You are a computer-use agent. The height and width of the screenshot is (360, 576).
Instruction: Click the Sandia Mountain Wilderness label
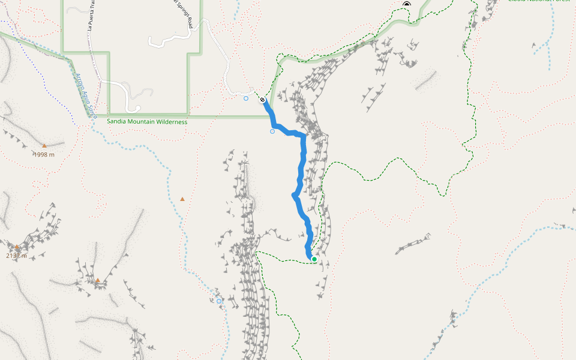point(147,122)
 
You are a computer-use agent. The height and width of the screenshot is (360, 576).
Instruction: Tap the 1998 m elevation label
point(44,154)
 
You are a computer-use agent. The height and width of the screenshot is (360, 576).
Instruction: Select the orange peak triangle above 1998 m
point(44,145)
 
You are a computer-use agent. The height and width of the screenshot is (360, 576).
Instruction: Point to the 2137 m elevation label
point(17,256)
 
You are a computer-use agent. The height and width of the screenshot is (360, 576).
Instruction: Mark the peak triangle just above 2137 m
point(17,247)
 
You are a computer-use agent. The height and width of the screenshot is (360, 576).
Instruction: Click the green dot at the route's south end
point(314,259)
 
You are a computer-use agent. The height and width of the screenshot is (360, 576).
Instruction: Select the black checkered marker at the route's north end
point(263,100)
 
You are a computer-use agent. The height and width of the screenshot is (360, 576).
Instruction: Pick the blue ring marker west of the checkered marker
point(246,98)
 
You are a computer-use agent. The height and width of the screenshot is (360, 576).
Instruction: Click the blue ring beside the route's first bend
point(272,131)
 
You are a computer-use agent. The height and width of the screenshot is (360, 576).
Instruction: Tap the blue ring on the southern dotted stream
point(219,301)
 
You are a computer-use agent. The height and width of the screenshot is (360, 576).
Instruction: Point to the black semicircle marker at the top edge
point(407,4)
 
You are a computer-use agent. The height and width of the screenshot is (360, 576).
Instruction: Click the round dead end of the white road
point(138,109)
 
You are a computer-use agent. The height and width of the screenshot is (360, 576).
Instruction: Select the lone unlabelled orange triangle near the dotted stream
point(182,199)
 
